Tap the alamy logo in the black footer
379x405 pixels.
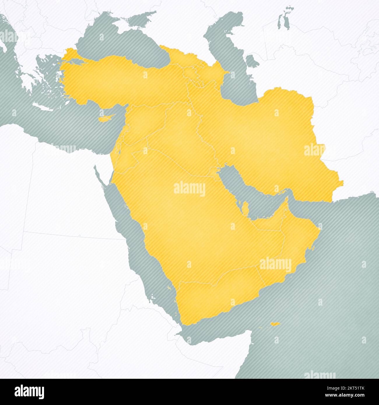point(29,392)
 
